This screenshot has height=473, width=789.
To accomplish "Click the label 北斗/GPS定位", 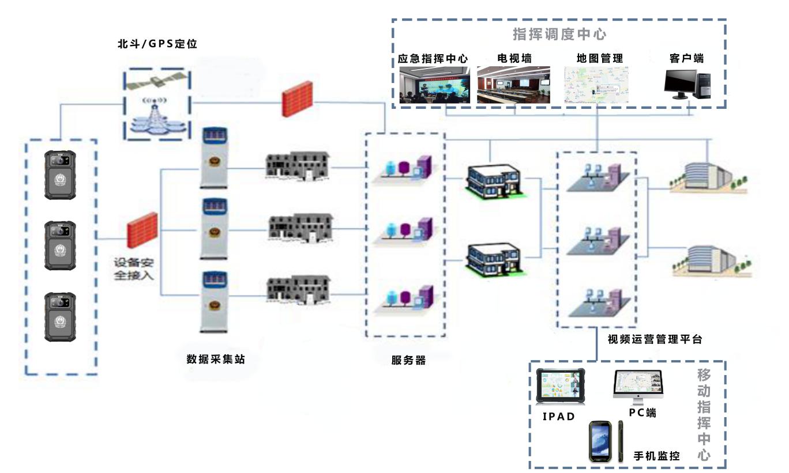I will point(157,43).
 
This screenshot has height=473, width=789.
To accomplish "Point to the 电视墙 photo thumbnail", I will point(513,85).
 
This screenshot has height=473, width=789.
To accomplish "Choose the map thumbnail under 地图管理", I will point(597,85).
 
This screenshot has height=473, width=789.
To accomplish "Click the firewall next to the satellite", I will point(298,99).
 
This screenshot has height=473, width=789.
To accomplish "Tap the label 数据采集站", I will point(215,359).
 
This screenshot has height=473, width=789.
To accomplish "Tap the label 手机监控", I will point(656,456).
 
